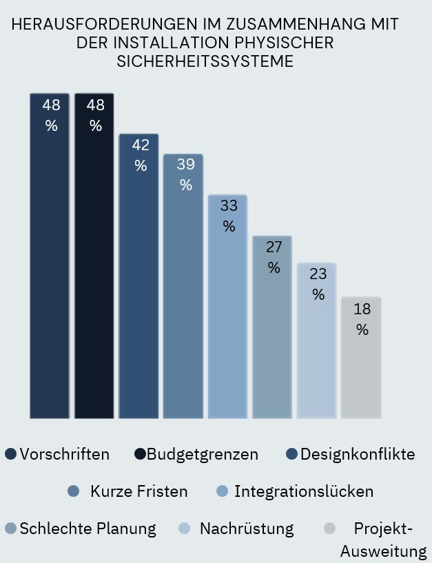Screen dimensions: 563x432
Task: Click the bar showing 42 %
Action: point(138,289)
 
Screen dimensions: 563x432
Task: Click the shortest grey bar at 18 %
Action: point(361,372)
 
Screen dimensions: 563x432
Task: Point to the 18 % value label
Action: point(362,319)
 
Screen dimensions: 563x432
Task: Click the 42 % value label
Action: point(141,155)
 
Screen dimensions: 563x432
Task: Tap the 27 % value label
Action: point(274,257)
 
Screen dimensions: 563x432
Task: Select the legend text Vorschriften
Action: point(65,454)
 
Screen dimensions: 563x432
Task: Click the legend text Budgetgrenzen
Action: point(203,454)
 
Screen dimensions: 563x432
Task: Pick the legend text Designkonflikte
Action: point(358,454)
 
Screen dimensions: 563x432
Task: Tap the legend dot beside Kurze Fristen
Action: point(74,491)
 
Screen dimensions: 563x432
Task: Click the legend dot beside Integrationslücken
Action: point(222,491)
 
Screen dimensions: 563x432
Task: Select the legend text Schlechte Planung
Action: point(88,529)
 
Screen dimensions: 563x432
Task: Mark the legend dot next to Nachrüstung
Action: point(184,529)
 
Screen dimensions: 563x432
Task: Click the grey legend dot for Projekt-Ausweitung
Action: point(329,529)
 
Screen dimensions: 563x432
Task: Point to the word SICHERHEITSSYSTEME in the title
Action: point(205,61)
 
